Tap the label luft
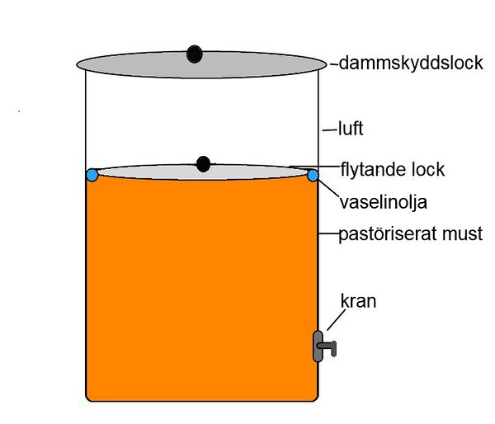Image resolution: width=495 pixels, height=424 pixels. click(x=351, y=130)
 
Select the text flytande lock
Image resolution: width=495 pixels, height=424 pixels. click(x=393, y=169)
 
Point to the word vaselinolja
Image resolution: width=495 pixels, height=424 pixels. click(x=381, y=200)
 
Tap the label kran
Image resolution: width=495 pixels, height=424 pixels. click(x=359, y=301)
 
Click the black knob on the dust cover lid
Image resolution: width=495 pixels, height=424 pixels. click(x=194, y=54)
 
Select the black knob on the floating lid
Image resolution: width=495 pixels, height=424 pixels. click(x=203, y=164)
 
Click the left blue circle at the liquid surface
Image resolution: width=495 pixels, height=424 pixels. click(x=92, y=175)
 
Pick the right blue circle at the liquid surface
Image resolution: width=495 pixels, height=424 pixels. click(x=313, y=175)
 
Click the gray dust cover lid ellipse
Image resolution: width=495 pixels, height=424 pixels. click(x=132, y=64)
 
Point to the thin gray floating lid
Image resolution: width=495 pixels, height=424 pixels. click(x=148, y=172)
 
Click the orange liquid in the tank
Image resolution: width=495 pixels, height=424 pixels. click(x=198, y=289)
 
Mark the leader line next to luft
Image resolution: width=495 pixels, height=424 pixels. click(x=329, y=130)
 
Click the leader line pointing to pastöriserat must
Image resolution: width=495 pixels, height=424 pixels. click(x=328, y=233)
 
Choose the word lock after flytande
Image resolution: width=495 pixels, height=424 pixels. click(x=427, y=169)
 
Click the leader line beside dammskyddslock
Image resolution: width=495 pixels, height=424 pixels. click(x=332, y=64)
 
